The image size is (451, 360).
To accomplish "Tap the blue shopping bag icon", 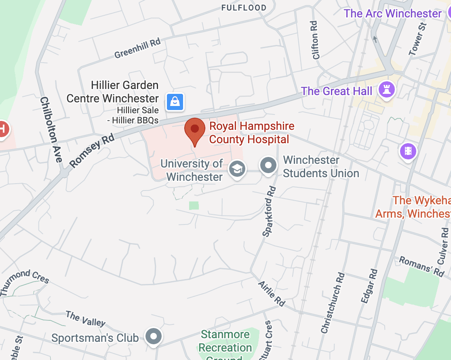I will [x=175, y=102].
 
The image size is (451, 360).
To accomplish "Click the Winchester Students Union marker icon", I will [x=268, y=166].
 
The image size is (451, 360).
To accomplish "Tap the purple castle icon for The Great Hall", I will [x=386, y=89].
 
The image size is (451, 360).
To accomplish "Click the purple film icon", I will [x=408, y=152].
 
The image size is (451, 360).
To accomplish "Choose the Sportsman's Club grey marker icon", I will [x=154, y=336].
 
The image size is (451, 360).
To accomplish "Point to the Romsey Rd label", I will [x=92, y=150].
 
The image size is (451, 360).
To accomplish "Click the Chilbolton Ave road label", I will [x=51, y=130].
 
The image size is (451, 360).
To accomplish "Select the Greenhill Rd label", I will [x=137, y=49].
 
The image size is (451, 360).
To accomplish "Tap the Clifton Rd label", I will [x=315, y=40].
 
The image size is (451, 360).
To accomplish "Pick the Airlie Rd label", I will [x=272, y=293].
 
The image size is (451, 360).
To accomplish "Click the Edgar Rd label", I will [x=369, y=286].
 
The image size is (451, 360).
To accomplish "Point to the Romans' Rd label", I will [x=421, y=266].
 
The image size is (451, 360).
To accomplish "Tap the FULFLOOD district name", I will [x=244, y=8].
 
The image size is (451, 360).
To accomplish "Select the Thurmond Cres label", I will [x=25, y=282].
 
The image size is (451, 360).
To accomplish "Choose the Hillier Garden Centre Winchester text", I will [x=113, y=92].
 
